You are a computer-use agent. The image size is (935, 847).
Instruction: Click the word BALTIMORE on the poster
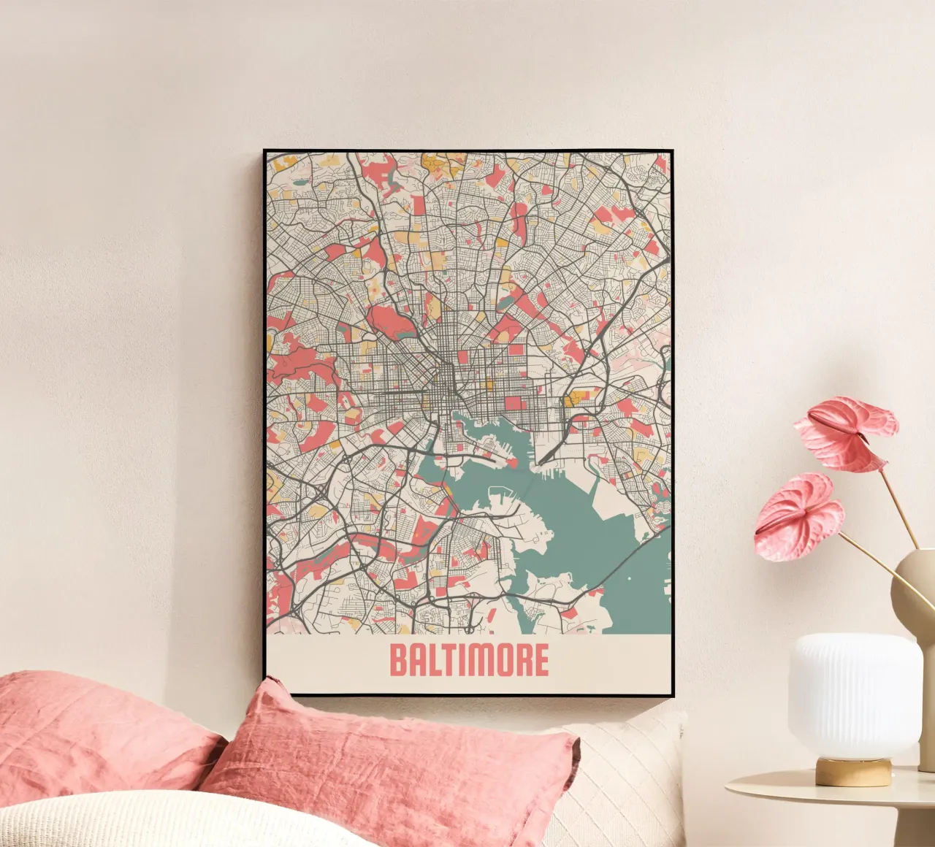coord(469,661)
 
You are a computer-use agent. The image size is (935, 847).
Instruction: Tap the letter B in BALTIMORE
coord(398,661)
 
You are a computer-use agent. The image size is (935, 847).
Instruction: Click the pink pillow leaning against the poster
coord(387,767)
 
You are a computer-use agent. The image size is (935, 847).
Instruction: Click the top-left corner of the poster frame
coord(265,151)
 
